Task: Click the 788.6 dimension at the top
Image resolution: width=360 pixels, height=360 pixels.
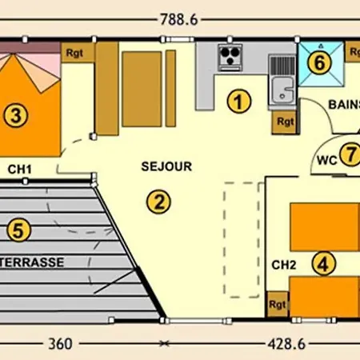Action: coord(179,20)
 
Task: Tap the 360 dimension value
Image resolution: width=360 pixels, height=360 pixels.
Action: coord(60,344)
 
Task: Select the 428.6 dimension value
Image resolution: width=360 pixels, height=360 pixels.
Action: coord(286,344)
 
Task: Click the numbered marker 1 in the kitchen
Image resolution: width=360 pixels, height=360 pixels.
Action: coord(239,102)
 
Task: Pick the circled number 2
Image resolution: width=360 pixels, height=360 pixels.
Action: coord(158,202)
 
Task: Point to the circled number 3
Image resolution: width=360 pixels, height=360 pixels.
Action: coord(16,116)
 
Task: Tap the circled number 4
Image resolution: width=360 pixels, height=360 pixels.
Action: coord(324,263)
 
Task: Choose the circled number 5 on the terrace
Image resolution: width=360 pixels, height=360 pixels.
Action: coord(18,230)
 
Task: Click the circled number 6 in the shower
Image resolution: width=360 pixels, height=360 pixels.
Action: coord(319,62)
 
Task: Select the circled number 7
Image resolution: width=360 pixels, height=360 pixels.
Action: coord(350,154)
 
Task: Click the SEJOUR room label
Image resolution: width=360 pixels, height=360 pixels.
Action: coord(166,166)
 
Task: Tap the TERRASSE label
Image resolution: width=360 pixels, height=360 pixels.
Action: coord(32,262)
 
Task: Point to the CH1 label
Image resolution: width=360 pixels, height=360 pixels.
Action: coord(20,170)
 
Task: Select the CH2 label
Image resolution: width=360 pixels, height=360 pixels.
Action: coord(284,265)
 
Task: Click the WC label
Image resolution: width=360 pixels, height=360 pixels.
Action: coord(327,161)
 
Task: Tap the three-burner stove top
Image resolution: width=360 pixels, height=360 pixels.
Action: coord(230,58)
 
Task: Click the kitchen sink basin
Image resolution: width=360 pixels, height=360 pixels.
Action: coord(283,90)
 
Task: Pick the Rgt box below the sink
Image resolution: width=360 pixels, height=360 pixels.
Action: coord(285,122)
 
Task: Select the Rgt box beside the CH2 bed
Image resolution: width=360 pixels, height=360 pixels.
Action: coord(278,304)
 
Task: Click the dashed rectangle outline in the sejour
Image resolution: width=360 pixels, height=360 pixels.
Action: coord(224,240)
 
